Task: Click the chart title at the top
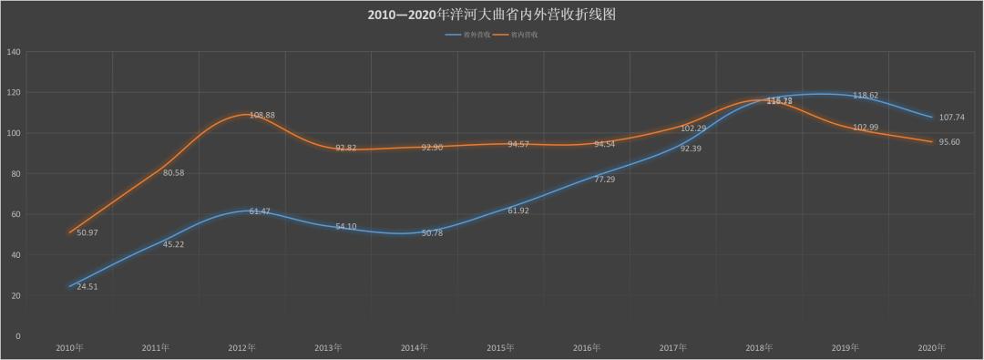coord(492,15)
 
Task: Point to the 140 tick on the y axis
coord(14,52)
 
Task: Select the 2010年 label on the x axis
coord(69,348)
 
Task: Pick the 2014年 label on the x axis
coord(414,348)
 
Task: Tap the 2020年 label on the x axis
coord(931,348)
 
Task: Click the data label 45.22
coord(174,244)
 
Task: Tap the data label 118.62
coord(866,95)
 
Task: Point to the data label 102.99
coord(866,127)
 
